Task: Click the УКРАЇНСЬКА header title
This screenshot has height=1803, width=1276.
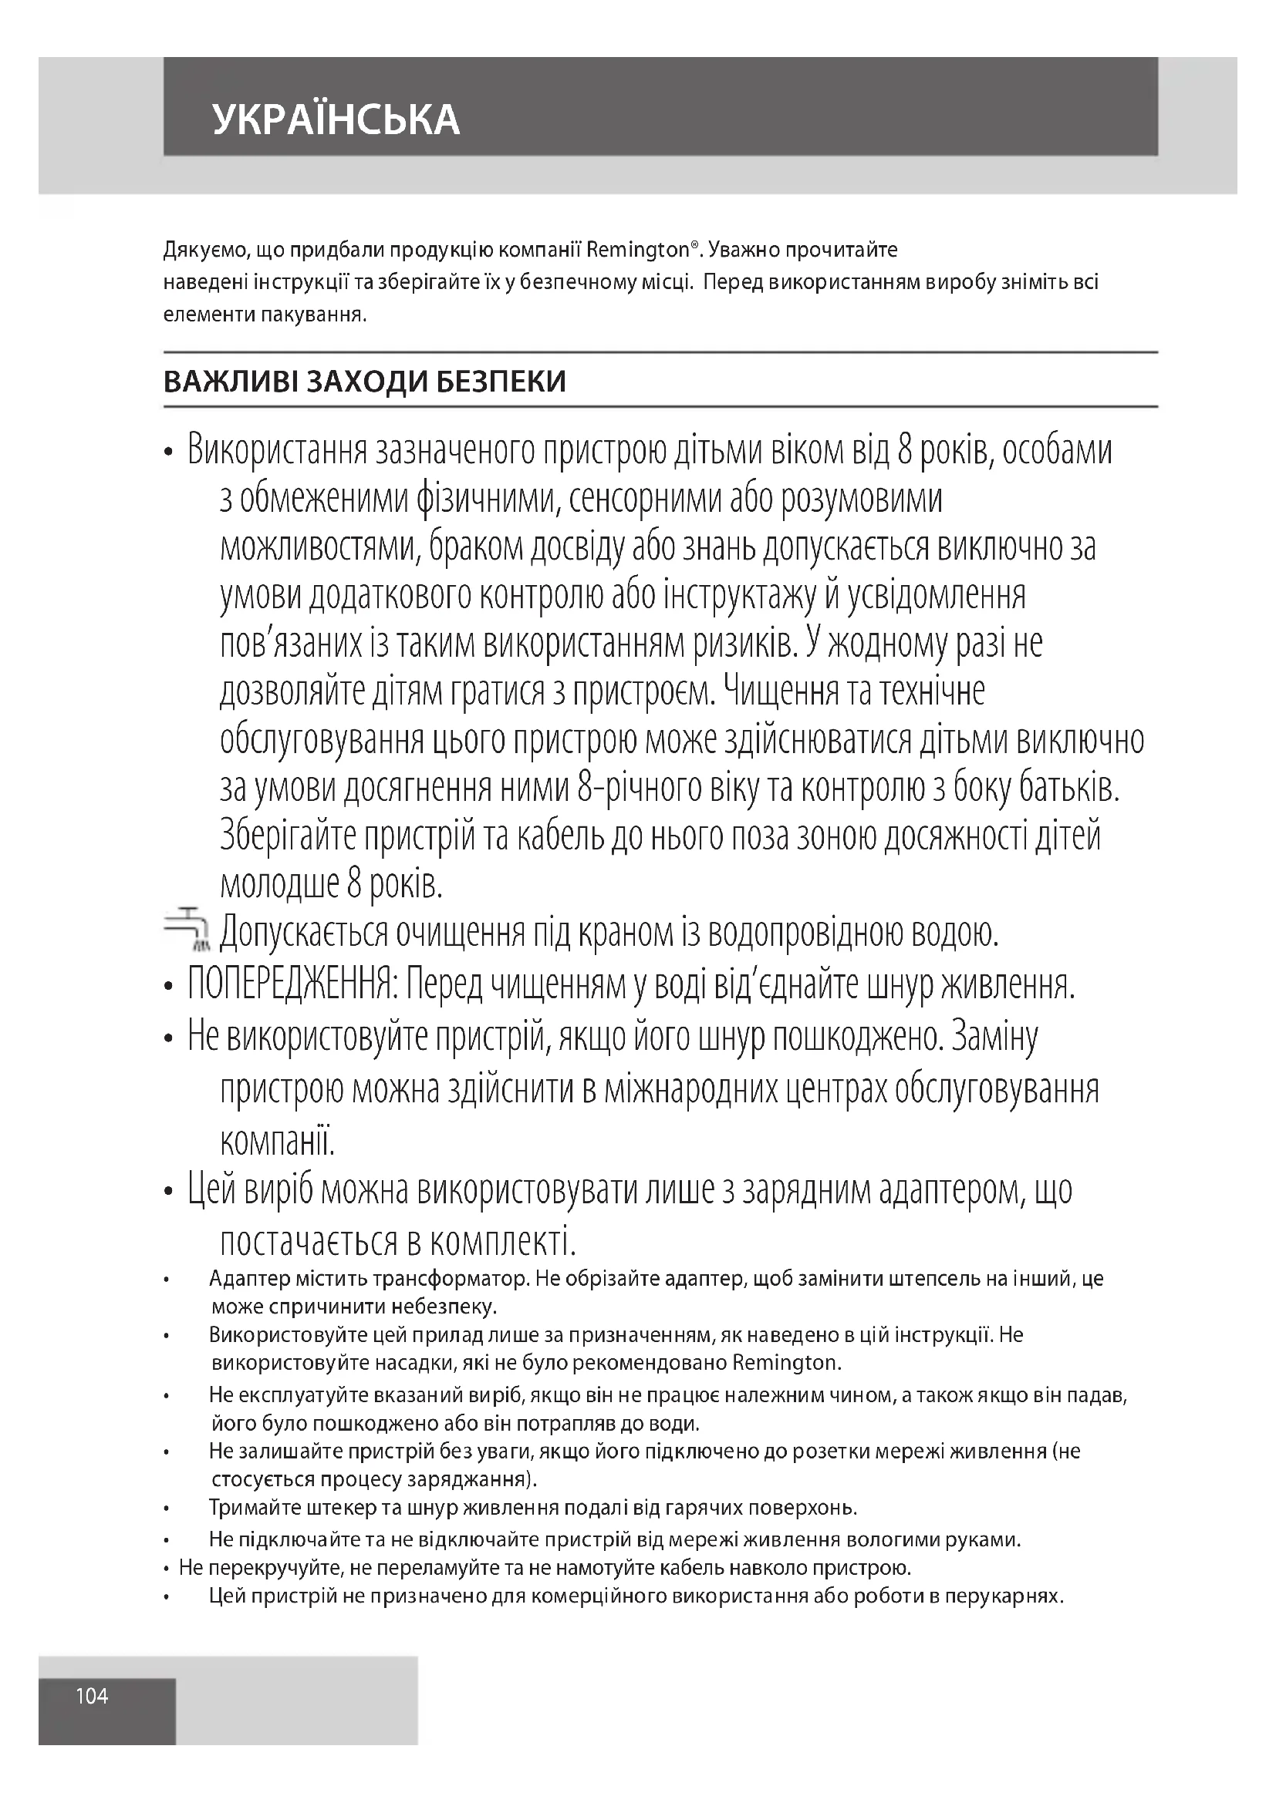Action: click(x=336, y=119)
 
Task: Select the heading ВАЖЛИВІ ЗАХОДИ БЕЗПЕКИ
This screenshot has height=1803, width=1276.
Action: click(x=365, y=382)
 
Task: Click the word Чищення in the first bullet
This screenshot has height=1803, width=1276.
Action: click(x=779, y=691)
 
